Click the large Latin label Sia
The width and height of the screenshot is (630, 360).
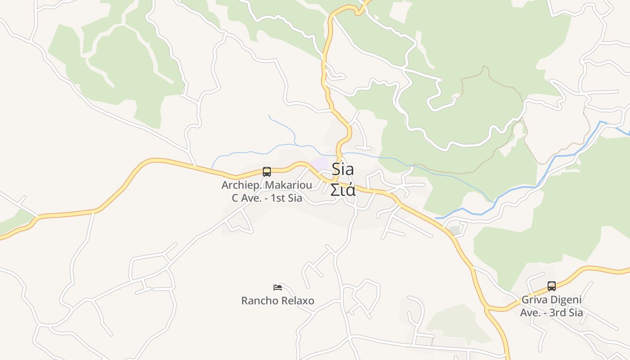click(x=343, y=170)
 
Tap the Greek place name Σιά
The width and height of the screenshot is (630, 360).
click(x=343, y=189)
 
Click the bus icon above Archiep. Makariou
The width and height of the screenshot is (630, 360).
click(x=267, y=171)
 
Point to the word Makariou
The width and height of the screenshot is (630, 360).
click(x=288, y=185)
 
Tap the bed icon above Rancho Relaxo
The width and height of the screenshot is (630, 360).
click(x=278, y=287)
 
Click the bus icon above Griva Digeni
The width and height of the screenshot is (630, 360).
click(x=552, y=286)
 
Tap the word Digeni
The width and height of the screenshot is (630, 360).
click(x=567, y=300)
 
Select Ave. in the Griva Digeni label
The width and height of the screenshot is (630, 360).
click(x=530, y=312)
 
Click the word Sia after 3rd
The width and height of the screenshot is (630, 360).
click(x=576, y=312)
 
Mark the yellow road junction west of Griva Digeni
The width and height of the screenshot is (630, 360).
click(x=488, y=309)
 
